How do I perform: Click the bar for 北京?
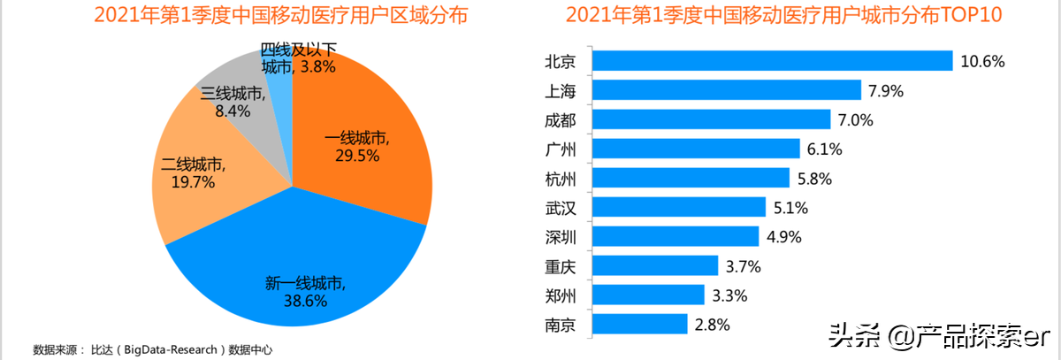(772, 61)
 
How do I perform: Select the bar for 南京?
(639, 325)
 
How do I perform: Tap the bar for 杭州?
(691, 178)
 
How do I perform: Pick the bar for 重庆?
(655, 265)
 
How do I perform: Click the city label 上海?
(561, 90)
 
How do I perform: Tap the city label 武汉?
(561, 208)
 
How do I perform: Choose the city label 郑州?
(561, 295)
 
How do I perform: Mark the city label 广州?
(561, 149)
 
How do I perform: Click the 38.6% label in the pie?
(305, 301)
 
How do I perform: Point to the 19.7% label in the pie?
(192, 182)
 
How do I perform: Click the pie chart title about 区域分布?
(269, 16)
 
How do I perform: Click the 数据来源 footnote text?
(153, 349)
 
